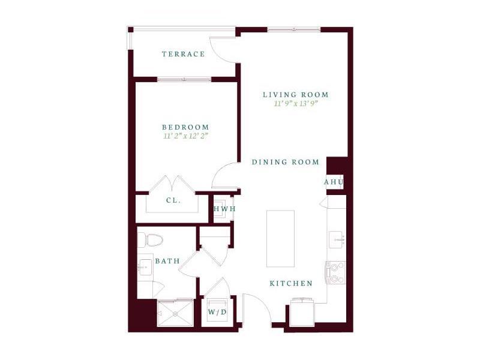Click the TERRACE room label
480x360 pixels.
(183, 54)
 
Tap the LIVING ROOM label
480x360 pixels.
(296, 95)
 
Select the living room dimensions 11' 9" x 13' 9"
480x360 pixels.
(296, 104)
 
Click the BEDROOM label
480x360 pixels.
(185, 127)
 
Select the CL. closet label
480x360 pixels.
(173, 200)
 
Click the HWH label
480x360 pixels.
(224, 209)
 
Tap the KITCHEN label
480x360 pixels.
(290, 283)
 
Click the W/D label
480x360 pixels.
(217, 313)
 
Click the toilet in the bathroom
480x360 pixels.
(151, 240)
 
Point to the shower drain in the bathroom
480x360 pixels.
(175, 313)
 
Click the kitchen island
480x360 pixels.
(280, 238)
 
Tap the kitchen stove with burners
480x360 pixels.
(335, 272)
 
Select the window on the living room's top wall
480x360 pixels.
(293, 29)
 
